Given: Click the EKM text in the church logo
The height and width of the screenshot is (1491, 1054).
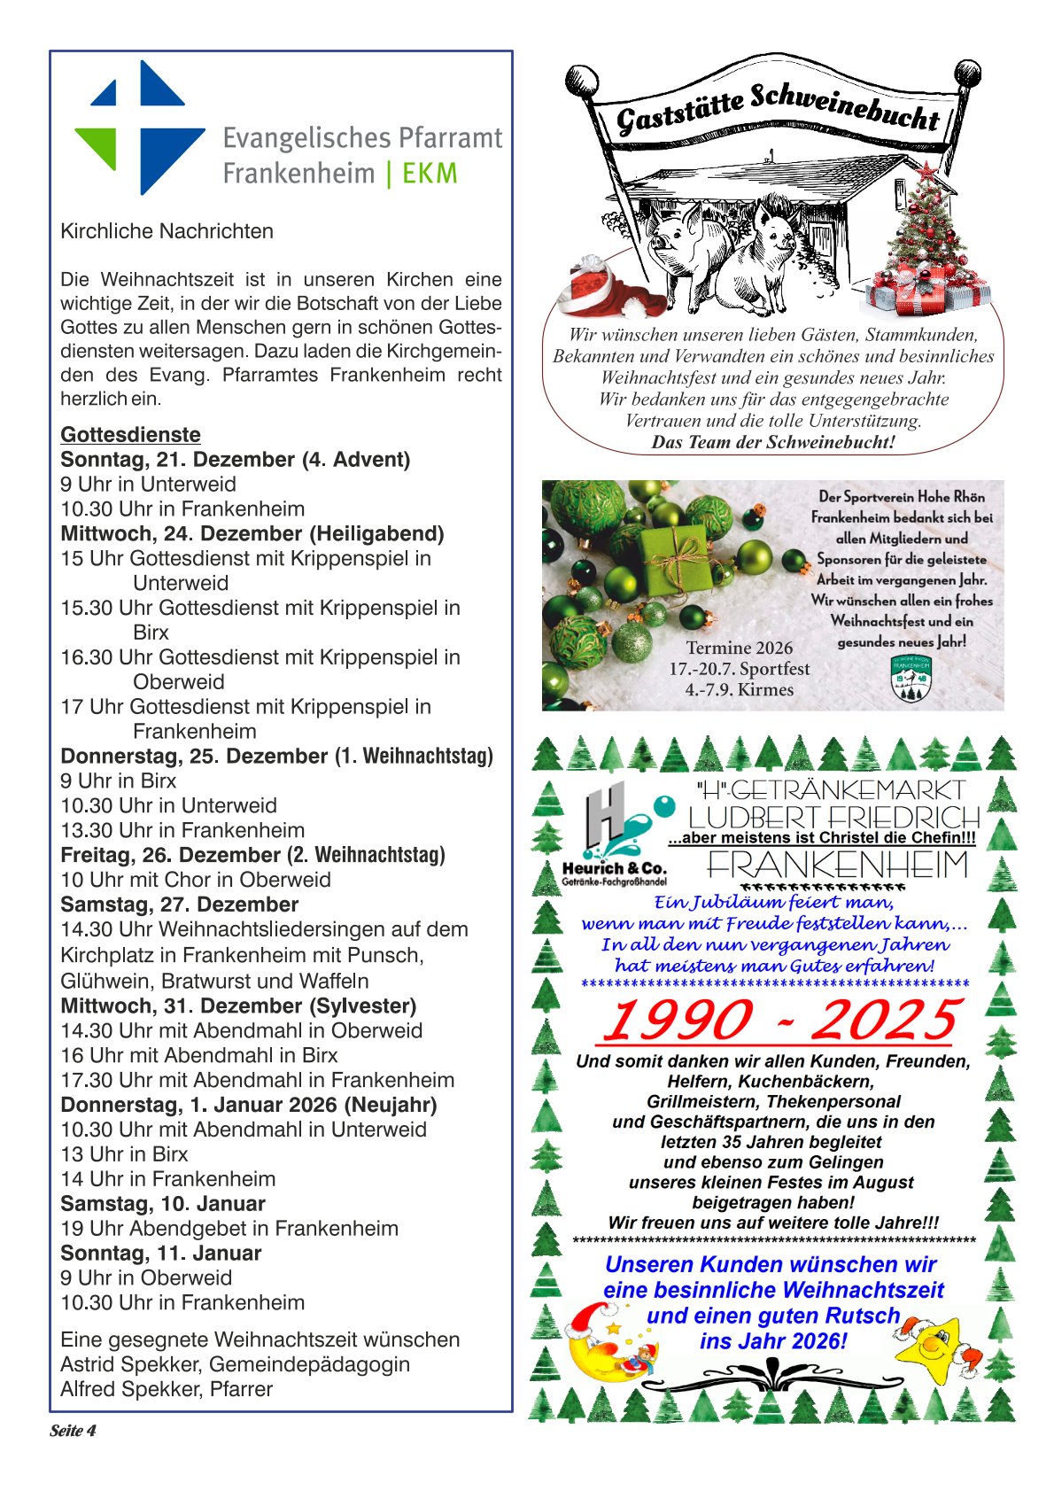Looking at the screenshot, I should point(430,173).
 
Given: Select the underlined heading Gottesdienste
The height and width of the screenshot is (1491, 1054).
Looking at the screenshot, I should point(130,435).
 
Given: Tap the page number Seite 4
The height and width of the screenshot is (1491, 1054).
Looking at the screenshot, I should point(73,1431).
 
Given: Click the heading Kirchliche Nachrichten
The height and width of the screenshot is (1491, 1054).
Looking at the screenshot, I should point(167,231).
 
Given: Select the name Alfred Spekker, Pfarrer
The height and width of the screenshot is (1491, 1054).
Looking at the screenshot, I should point(167,1389).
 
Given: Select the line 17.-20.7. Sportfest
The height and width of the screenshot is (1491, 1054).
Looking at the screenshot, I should point(739,669).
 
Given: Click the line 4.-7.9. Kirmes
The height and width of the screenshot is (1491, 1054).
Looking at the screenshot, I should point(739,690).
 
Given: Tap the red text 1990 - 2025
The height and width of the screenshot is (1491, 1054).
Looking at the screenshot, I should point(779,1021).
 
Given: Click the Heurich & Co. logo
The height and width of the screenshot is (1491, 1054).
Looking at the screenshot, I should point(613,834).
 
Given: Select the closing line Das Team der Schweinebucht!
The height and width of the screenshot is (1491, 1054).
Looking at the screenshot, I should point(773,442).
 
